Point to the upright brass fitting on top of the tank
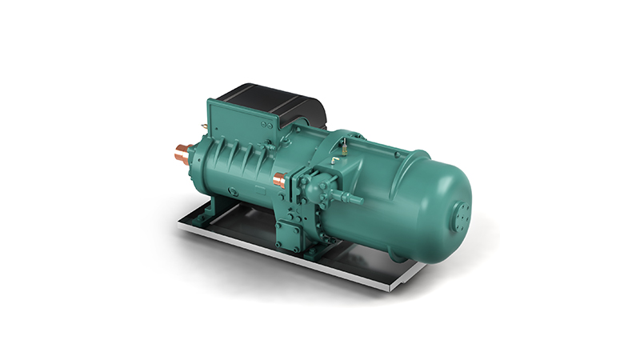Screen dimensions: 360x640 pos(343,148)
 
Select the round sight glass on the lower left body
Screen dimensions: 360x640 pos(230,191)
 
